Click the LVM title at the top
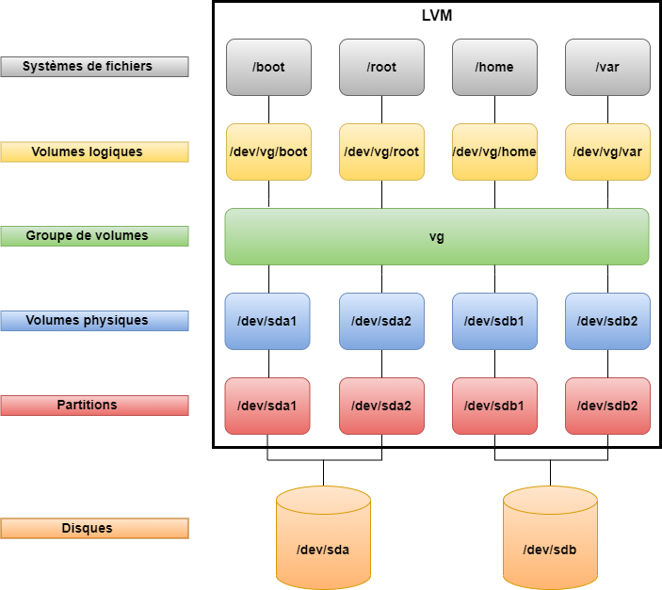(437, 16)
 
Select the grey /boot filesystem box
(268, 67)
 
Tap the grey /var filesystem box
(607, 67)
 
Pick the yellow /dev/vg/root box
(381, 151)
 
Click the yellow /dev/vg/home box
(494, 151)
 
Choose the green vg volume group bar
(437, 236)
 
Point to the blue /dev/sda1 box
(268, 321)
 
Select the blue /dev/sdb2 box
(607, 321)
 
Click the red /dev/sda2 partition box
(381, 406)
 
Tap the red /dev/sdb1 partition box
(494, 406)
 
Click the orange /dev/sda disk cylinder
(323, 548)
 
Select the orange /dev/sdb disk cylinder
(550, 548)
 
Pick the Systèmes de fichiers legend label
(94, 67)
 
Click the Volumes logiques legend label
(94, 151)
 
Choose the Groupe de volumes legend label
(94, 236)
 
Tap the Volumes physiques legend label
(94, 321)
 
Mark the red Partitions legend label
(94, 406)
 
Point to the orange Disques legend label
(94, 529)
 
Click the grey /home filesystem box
(494, 67)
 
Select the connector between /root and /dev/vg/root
(381, 109)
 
